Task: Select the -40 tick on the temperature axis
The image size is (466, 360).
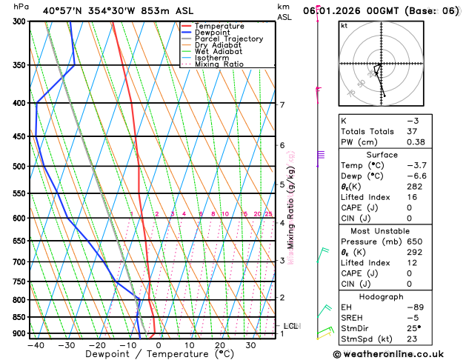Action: pos(36,345)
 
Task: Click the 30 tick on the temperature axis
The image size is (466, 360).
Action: pos(250,345)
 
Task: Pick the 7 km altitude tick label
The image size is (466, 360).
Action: pos(282,104)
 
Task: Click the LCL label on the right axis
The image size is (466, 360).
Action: pos(290,326)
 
